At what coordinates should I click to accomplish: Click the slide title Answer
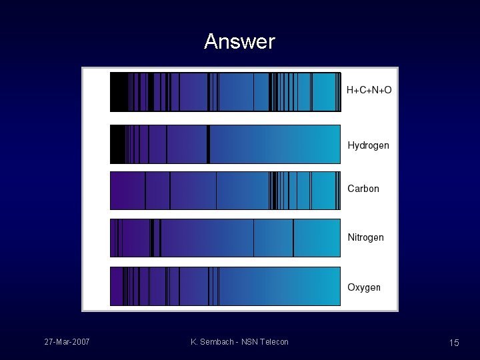point(239,41)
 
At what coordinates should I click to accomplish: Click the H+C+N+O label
point(369,90)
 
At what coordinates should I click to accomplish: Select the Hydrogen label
point(368,145)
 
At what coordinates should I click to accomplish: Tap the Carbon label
point(363,189)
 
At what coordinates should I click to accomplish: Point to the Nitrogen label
point(365,237)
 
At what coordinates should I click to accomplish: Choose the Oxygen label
point(364,287)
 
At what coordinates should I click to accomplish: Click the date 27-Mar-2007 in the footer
point(67,342)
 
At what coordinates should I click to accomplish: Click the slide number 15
point(454,343)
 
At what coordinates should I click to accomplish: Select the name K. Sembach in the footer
point(212,342)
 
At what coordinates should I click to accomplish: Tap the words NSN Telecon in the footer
point(265,342)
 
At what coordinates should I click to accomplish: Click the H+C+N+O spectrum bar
point(225,92)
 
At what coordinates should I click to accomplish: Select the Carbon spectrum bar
point(225,191)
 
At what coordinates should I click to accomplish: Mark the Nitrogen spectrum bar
point(225,238)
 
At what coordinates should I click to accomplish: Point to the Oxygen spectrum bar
point(225,287)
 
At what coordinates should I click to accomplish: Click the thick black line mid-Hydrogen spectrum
point(208,144)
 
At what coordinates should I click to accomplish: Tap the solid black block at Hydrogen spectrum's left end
point(117,144)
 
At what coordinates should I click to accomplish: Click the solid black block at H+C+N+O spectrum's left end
point(119,92)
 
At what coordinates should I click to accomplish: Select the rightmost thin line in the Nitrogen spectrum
point(293,238)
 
